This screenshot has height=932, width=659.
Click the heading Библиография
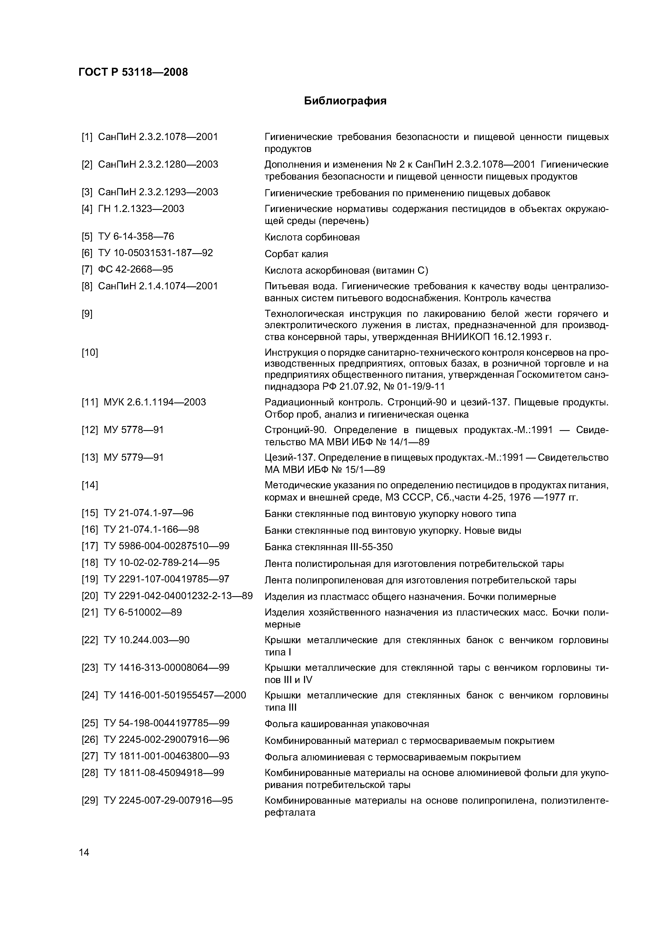click(x=345, y=101)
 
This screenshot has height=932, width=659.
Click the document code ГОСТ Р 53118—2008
click(x=133, y=72)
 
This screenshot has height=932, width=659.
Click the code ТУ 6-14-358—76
click(x=136, y=236)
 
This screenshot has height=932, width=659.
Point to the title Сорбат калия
click(x=296, y=254)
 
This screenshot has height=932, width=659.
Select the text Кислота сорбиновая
click(x=312, y=237)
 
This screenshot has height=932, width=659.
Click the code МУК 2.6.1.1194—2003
click(x=155, y=402)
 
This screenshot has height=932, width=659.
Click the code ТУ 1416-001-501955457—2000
click(x=175, y=695)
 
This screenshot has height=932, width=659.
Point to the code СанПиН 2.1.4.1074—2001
click(x=158, y=286)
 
